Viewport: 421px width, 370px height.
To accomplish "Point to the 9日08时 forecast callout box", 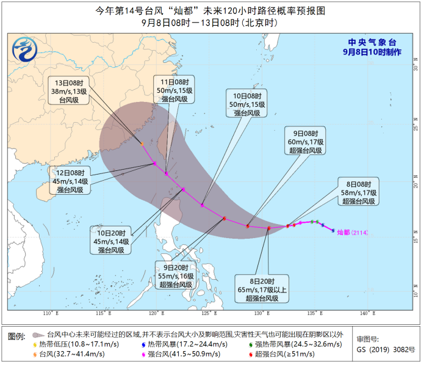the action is click(306, 141).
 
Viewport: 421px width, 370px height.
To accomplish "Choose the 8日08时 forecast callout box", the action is click(358, 192).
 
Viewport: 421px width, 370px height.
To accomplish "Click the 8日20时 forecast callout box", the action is click(262, 288).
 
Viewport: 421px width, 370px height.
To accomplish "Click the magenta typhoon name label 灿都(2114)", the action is click(352, 233).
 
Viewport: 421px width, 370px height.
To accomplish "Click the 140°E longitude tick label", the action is click(367, 313).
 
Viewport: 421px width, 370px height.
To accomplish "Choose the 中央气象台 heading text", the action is click(372, 42).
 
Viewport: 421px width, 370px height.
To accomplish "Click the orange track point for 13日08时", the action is click(142, 144).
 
